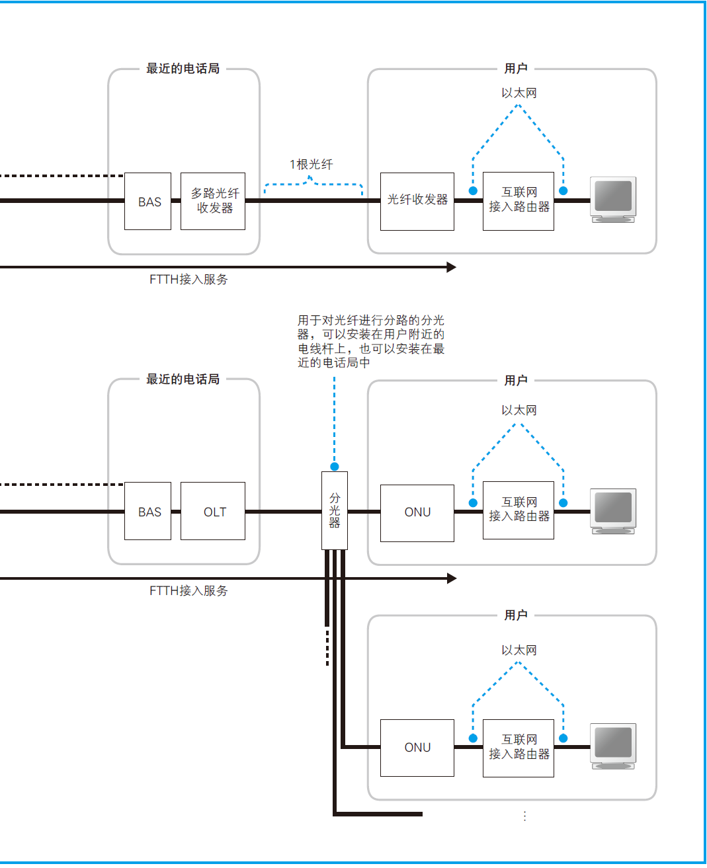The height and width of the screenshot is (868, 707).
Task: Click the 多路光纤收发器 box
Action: coord(213,201)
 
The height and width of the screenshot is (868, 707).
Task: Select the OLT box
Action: coord(213,511)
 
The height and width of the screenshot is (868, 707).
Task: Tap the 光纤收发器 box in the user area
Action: coord(417,201)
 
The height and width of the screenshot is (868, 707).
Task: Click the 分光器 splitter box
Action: coord(334,510)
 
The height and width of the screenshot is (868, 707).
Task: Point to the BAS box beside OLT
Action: coord(148,511)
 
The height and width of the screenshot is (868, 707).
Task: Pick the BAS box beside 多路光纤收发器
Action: coord(148,201)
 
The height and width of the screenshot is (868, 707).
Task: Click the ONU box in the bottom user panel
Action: coord(417,748)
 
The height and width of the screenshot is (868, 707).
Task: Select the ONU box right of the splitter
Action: coord(417,513)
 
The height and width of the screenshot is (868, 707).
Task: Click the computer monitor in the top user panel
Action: coord(613,199)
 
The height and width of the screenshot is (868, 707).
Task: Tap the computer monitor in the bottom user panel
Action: coord(613,746)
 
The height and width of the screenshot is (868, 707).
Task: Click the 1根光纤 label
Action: coord(311,164)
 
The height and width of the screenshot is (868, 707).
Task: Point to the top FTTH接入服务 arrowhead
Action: coord(451,267)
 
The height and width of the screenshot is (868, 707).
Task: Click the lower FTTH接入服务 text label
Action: coord(188,590)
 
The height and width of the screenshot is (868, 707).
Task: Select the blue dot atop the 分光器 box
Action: coord(335,467)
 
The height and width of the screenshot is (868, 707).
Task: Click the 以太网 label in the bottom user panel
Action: coord(519,650)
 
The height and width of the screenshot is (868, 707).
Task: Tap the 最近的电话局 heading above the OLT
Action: coord(183,379)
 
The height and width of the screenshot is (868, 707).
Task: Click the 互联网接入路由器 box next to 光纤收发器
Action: coord(519,201)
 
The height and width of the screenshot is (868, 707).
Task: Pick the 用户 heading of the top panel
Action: coord(516,68)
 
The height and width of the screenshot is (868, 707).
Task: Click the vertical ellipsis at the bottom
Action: coord(524,816)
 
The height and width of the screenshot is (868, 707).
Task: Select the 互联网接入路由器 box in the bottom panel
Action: coord(519,748)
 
